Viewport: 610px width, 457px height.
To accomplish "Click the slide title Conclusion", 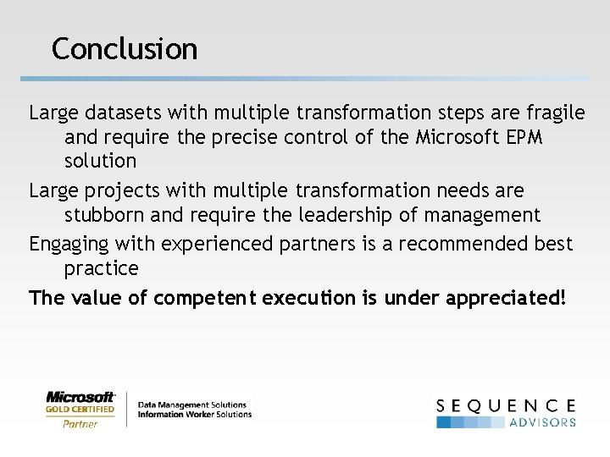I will pyautogui.click(x=125, y=48).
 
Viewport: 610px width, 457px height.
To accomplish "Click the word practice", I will pyautogui.click(x=101, y=268).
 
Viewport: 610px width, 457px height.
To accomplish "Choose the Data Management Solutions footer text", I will pyautogui.click(x=191, y=405).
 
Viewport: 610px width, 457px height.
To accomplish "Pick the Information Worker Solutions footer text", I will pyautogui.click(x=194, y=415).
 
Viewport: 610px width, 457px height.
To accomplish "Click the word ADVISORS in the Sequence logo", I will pyautogui.click(x=542, y=421).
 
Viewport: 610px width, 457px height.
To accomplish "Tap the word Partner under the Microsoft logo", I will pyautogui.click(x=80, y=424).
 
